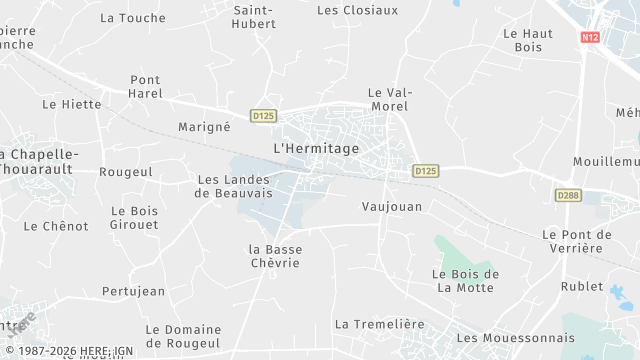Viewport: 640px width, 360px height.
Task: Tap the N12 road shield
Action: tap(589, 37)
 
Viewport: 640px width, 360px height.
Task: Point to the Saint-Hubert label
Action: tap(254, 17)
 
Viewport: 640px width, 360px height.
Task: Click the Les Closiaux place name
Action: tap(357, 10)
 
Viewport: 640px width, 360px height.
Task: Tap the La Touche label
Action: tap(133, 18)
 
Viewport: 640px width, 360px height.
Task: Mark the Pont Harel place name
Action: tap(145, 87)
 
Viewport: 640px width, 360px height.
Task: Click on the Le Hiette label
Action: tap(72, 103)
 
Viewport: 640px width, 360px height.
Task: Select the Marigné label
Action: tap(204, 127)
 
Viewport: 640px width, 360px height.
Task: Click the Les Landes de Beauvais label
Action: tap(236, 186)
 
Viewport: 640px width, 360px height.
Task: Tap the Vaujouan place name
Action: tap(391, 207)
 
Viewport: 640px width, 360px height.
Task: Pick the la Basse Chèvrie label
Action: tap(275, 256)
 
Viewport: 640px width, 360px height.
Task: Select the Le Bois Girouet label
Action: tap(134, 217)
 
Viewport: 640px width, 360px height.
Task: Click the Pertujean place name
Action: tap(133, 291)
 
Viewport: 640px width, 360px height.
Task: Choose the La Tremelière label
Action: tap(380, 324)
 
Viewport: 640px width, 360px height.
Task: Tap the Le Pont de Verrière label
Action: tap(577, 241)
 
